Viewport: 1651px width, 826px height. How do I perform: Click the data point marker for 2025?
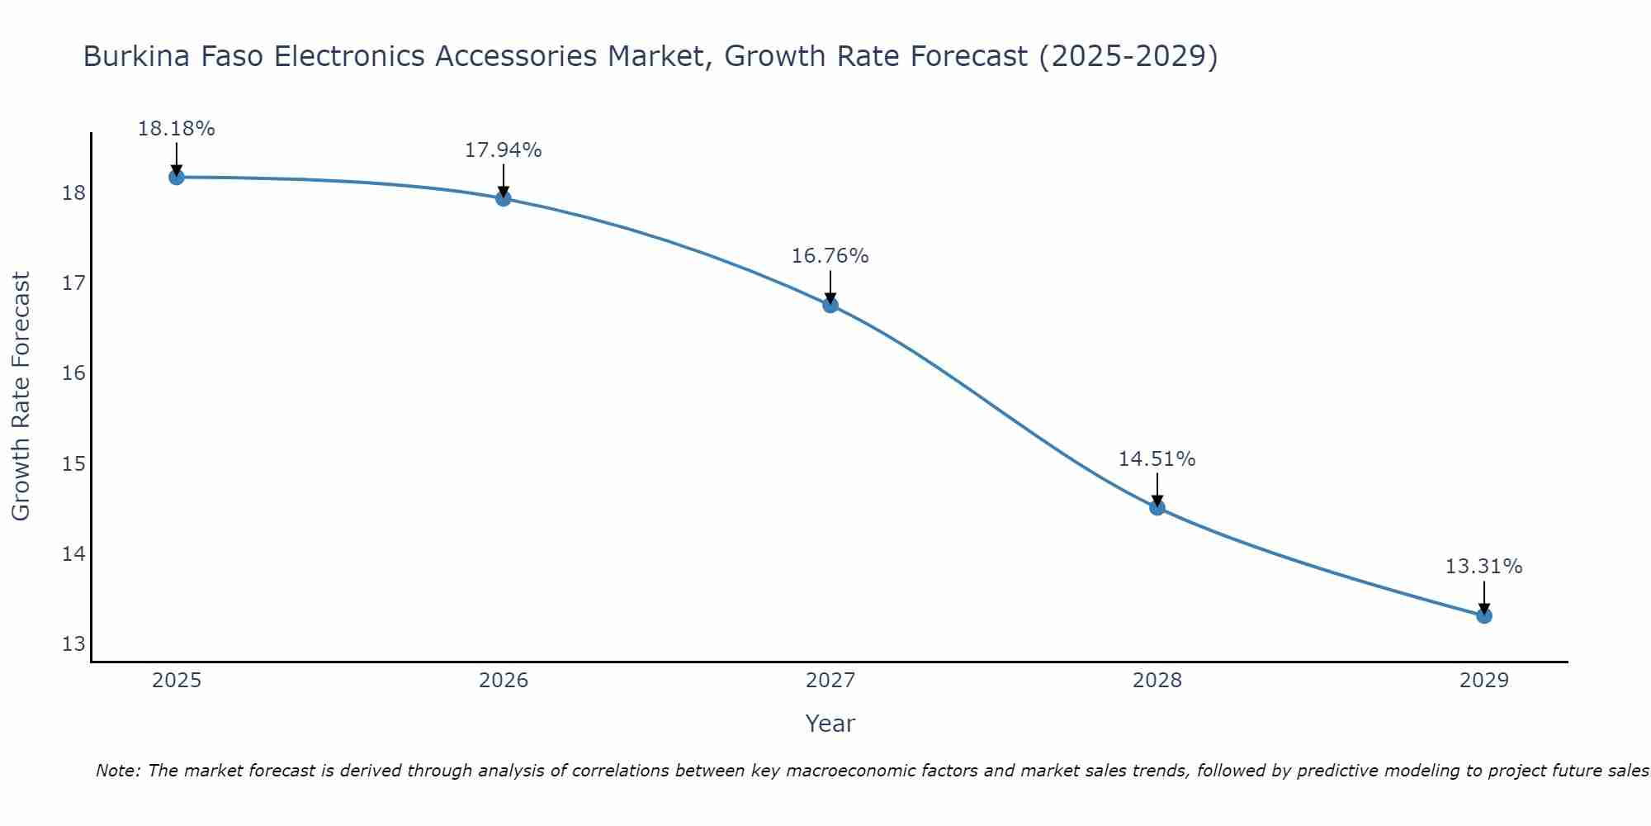pos(176,177)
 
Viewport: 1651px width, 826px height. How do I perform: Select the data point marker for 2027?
pos(830,305)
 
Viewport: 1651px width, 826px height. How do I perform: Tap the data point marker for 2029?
pos(1483,615)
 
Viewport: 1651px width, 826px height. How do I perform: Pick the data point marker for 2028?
pos(1157,507)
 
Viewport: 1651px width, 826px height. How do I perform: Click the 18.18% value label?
pos(176,129)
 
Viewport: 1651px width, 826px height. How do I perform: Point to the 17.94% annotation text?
pos(503,150)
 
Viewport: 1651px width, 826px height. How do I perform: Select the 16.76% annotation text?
pos(830,256)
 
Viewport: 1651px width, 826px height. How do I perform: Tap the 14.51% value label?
pos(1157,459)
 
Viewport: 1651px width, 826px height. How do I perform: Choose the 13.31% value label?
pos(1483,567)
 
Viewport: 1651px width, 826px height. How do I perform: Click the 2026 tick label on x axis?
pos(504,681)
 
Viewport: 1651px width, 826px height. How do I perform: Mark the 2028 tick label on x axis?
pos(1157,681)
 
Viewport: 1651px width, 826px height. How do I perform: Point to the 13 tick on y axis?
pos(73,643)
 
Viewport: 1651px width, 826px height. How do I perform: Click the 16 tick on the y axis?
pos(73,373)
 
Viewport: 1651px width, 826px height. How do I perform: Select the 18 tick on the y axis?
pos(73,193)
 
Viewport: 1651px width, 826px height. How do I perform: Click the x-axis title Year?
pos(830,724)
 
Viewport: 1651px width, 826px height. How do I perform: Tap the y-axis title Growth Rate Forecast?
pos(21,396)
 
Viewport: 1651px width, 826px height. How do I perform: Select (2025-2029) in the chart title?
pos(1128,56)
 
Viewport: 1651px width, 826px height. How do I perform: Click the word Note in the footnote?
pos(117,771)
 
